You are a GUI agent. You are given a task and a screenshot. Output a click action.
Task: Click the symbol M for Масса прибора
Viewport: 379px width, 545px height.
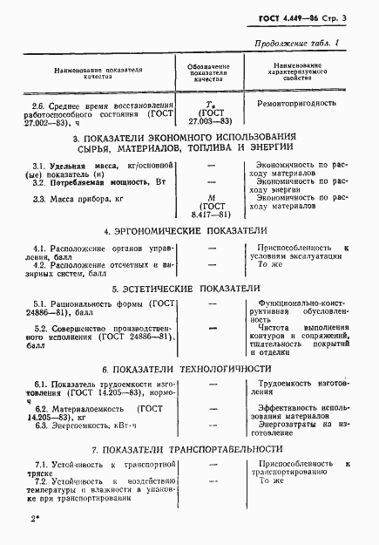pos(207,197)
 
